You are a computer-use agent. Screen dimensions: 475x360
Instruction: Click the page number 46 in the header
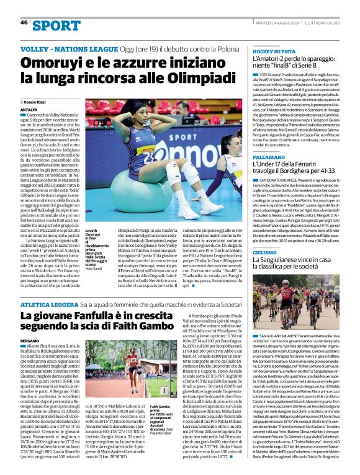pyautogui.click(x=24, y=22)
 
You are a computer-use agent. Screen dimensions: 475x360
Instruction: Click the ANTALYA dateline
pyautogui.click(x=29, y=109)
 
